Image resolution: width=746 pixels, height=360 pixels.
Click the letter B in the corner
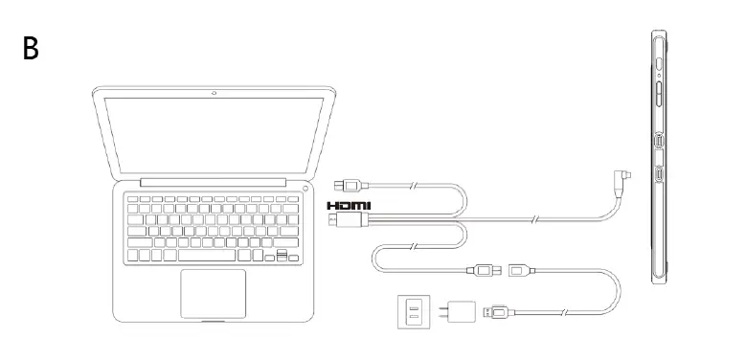coord(32,48)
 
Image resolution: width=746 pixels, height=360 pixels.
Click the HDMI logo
coord(348,206)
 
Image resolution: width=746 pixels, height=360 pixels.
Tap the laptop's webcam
coord(214,93)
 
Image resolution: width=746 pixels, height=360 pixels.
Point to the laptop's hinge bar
coord(213,182)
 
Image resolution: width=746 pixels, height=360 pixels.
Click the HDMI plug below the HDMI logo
coord(346,221)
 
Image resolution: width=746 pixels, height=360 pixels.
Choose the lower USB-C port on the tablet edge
coord(662,176)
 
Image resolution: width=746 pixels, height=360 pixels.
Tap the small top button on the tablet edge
coord(661,63)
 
